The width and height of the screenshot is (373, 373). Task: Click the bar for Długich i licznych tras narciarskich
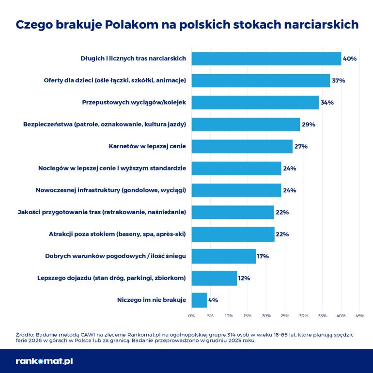(x=266, y=59)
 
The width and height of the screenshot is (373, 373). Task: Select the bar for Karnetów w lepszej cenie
(x=242, y=146)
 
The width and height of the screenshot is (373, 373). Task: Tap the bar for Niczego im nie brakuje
(x=199, y=300)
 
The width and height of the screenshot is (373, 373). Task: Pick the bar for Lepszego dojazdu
(x=214, y=278)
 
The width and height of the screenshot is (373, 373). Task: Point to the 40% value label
(x=349, y=59)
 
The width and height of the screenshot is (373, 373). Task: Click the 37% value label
(x=338, y=80)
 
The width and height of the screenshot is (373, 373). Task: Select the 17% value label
(x=263, y=256)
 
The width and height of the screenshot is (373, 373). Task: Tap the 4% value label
(x=213, y=300)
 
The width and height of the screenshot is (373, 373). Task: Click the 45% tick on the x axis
(x=359, y=316)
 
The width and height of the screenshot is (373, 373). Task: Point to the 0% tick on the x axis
(x=191, y=316)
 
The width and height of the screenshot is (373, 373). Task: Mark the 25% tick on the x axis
(x=285, y=316)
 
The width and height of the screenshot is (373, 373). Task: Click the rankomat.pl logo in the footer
(x=44, y=361)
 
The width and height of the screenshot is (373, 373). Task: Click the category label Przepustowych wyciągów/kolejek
(x=134, y=103)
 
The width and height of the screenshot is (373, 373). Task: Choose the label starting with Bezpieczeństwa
(x=105, y=124)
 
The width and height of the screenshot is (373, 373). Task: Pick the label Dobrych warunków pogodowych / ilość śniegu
(x=116, y=256)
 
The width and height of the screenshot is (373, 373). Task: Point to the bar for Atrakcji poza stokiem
(x=233, y=234)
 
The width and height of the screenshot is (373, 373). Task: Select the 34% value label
(x=327, y=103)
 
